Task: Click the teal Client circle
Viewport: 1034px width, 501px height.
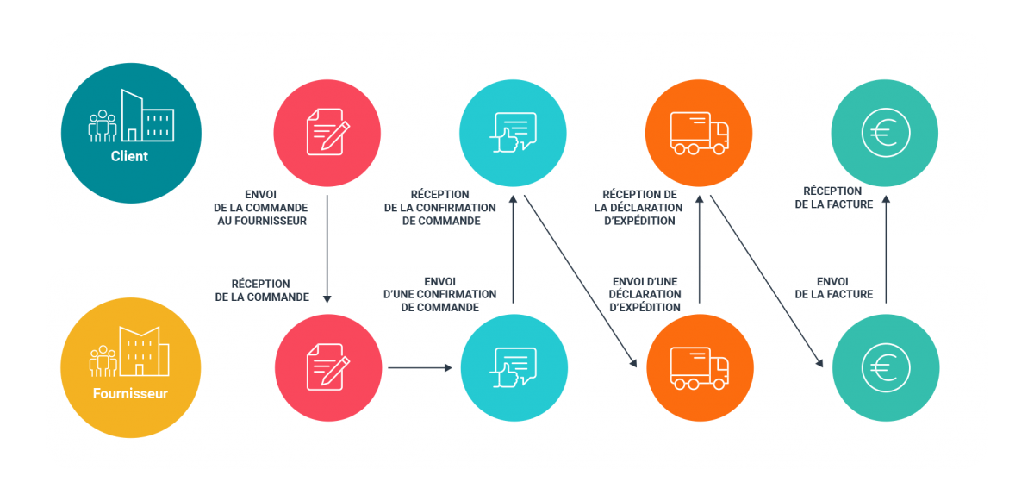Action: click(130, 131)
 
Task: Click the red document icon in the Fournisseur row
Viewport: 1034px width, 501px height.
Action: click(328, 368)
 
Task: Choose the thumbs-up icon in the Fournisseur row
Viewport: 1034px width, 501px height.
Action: click(514, 368)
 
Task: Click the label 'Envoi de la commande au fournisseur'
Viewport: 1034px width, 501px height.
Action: click(261, 208)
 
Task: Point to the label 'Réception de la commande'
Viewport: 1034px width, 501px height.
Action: click(261, 290)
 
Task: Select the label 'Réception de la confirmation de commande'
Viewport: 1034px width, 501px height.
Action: click(439, 207)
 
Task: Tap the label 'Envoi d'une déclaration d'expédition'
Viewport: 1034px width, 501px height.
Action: click(645, 294)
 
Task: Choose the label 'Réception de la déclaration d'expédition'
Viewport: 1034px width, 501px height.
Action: click(638, 207)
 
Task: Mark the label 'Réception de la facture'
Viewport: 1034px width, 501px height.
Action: click(832, 197)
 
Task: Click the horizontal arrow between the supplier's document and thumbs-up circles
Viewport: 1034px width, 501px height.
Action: click(420, 368)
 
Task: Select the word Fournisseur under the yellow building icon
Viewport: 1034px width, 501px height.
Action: click(130, 395)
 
